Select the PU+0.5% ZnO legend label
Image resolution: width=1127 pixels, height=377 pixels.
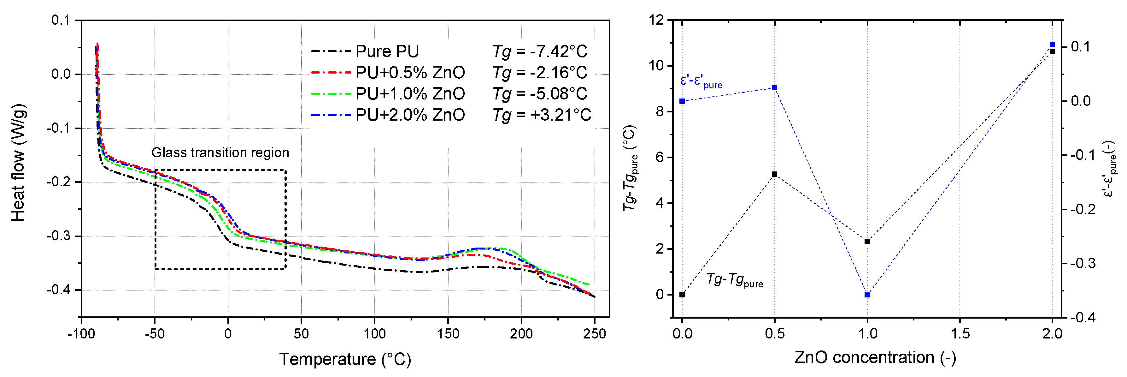410,72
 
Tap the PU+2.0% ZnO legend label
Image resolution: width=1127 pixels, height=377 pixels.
410,115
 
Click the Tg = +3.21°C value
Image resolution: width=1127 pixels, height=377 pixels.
542,115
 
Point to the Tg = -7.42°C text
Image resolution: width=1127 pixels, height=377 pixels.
540,51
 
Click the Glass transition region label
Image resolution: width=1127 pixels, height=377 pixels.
220,153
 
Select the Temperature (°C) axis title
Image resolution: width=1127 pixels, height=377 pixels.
345,359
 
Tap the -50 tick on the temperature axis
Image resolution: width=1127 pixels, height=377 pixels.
155,334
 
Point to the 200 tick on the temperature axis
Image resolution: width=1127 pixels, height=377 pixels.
521,334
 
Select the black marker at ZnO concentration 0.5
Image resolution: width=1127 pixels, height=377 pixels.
774,174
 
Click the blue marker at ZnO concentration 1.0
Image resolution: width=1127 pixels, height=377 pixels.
867,295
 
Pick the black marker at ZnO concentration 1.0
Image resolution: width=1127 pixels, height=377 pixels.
867,241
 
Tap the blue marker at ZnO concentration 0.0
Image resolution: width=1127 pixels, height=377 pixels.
682,101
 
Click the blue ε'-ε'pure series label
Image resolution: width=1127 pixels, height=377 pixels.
701,81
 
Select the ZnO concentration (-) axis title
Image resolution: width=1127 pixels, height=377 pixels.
875,358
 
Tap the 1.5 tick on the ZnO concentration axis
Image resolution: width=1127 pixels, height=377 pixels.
960,334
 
